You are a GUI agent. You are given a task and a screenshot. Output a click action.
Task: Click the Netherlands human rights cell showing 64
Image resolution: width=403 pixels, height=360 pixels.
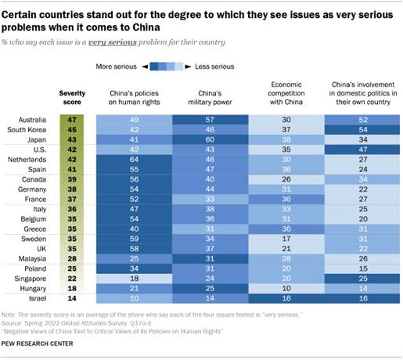click(133, 158)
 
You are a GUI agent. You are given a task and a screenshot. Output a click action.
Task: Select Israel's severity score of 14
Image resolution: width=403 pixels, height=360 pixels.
click(72, 298)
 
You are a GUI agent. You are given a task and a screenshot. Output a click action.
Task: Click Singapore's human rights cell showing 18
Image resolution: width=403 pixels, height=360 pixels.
click(133, 277)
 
